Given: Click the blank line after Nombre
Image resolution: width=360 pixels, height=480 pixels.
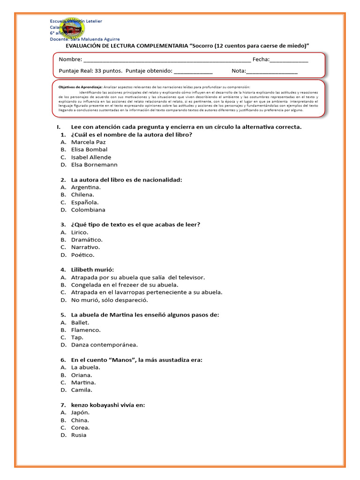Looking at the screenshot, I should [x=166, y=60].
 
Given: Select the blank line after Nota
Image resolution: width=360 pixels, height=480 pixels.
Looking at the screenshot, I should [x=271, y=72].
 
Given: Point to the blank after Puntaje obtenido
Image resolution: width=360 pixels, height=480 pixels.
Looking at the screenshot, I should [x=193, y=72].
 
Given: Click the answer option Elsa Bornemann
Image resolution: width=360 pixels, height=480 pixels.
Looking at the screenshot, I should [x=94, y=165].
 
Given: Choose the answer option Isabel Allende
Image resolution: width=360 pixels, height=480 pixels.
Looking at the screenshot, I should [x=91, y=157].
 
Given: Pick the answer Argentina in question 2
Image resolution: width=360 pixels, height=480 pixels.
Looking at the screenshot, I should [x=86, y=187].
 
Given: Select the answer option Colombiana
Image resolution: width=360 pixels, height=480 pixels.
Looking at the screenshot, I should [x=88, y=210].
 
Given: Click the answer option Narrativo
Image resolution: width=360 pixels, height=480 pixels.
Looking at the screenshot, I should [x=85, y=247].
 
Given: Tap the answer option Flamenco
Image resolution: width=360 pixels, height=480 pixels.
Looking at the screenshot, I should [x=86, y=330].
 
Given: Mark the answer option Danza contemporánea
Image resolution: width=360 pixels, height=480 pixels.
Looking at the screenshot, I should [x=105, y=345].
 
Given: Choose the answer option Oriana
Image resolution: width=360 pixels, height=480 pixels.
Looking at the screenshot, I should [x=82, y=375].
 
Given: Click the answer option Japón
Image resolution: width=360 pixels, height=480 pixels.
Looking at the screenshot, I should [x=80, y=412].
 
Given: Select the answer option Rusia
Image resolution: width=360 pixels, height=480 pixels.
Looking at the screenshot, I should [x=79, y=435].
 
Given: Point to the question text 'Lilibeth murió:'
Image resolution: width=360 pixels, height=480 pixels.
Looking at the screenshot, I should [x=92, y=270].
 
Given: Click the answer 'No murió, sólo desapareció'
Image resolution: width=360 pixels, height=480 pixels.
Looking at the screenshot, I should [x=109, y=300].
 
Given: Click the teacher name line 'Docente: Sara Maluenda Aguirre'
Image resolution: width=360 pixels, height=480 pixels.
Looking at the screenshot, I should [x=85, y=39].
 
